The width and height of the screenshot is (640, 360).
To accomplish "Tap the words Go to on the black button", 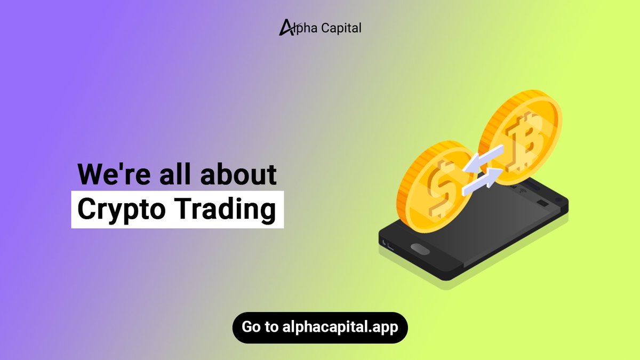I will [x=259, y=327].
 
